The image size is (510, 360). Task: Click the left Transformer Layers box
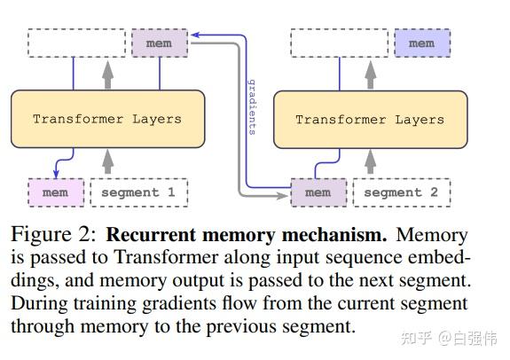pos(106,118)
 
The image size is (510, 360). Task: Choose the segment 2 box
pos(401,192)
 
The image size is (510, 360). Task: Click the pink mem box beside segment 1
pos(55,192)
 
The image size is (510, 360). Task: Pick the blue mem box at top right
pos(421,43)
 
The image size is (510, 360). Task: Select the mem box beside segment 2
pos(318,192)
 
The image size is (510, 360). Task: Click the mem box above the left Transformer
pos(159,43)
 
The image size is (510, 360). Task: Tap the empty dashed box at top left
pos(76,43)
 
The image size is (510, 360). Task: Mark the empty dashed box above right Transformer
pos(340,43)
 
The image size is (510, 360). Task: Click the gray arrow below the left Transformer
pos(108,161)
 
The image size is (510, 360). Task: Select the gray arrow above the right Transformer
pos(372,74)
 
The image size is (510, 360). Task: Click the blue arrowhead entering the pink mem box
pos(56,174)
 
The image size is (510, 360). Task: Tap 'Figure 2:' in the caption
pos(52,235)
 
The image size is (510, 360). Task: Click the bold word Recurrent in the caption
pos(148,235)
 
